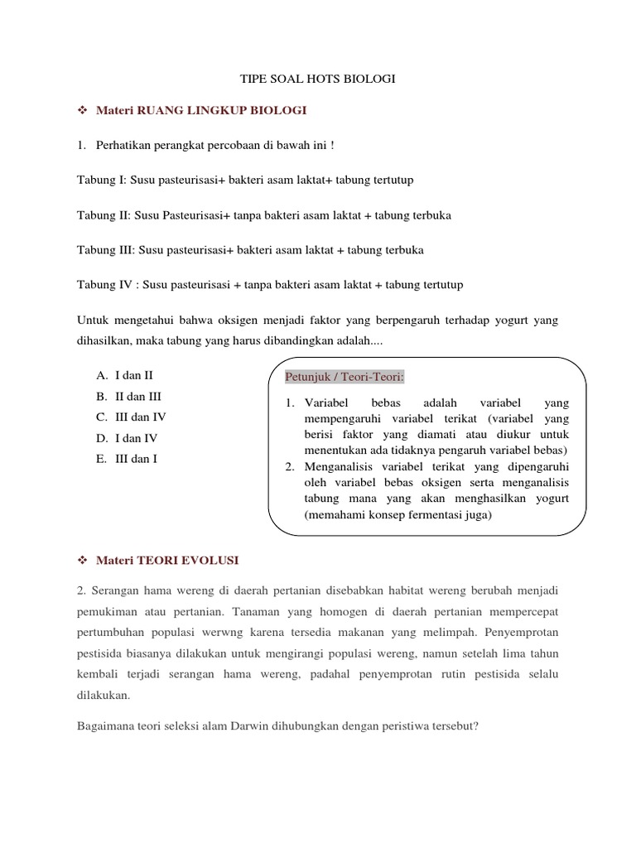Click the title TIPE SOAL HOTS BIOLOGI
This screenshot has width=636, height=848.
tap(318, 79)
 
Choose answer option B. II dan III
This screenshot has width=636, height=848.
tap(128, 396)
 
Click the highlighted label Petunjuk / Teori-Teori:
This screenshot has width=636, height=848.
tap(344, 378)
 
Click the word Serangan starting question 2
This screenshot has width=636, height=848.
tap(113, 591)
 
